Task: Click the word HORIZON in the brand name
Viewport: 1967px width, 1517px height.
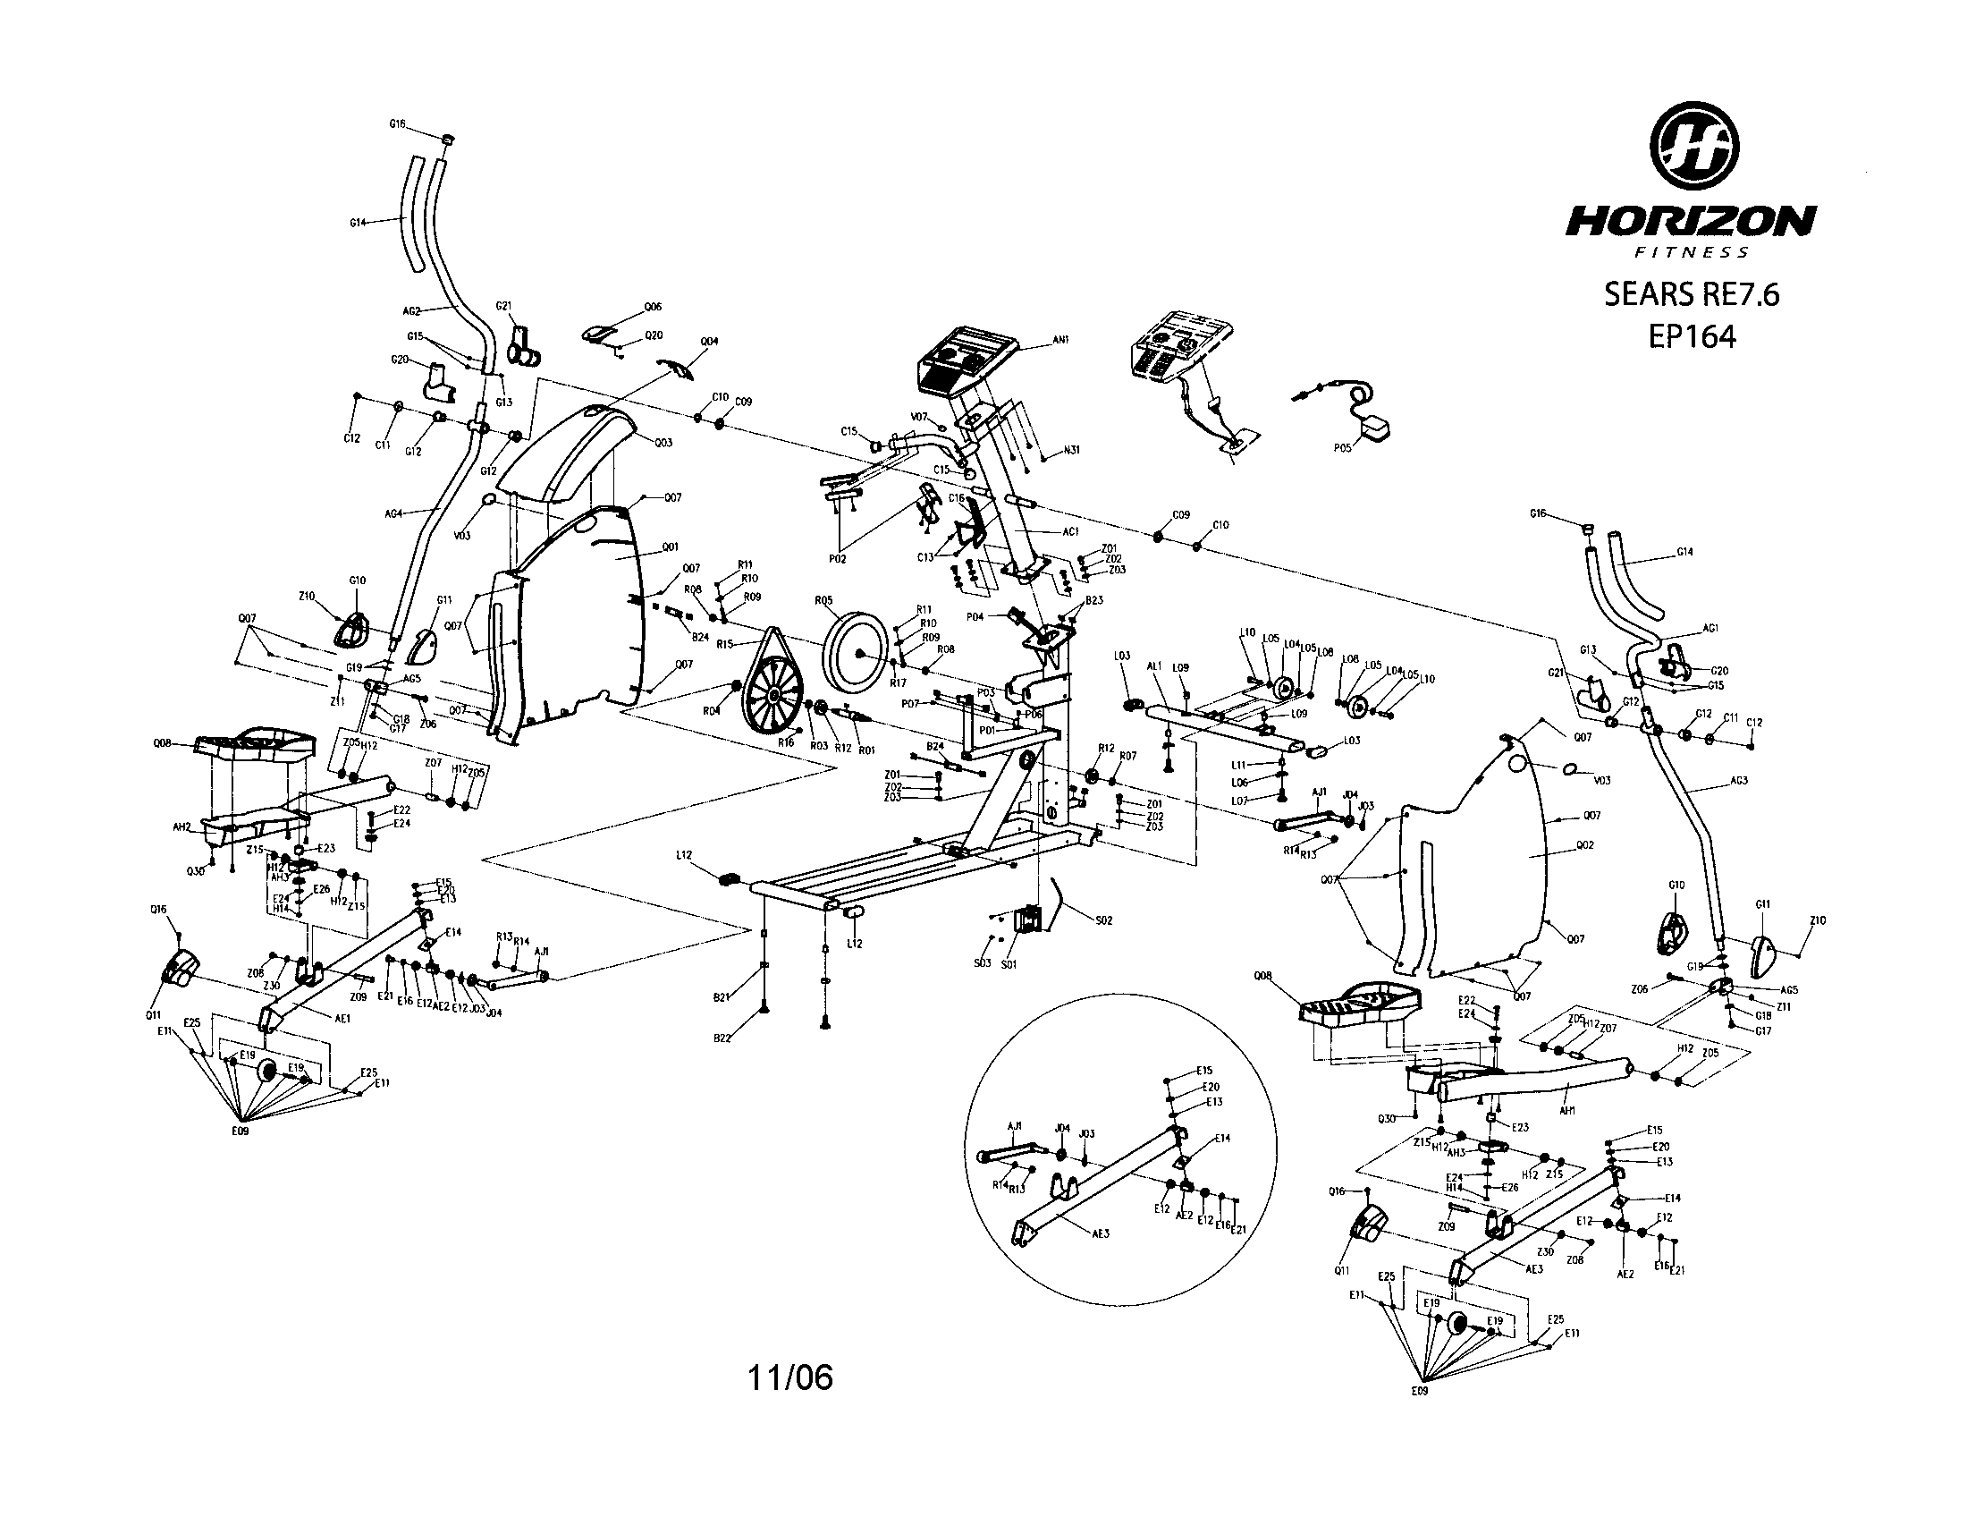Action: tap(1690, 221)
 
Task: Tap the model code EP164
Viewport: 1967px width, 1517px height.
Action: tap(1692, 336)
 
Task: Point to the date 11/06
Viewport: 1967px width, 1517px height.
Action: tap(789, 1377)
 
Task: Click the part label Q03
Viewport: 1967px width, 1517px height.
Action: tap(663, 442)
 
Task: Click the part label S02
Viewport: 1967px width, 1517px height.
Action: tap(1103, 920)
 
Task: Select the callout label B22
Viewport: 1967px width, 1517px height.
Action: tap(722, 1038)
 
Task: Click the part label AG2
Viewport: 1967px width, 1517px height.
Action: tap(411, 310)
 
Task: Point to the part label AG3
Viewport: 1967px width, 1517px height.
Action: tap(1737, 780)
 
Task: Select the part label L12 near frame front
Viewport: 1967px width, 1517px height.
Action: tap(685, 855)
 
